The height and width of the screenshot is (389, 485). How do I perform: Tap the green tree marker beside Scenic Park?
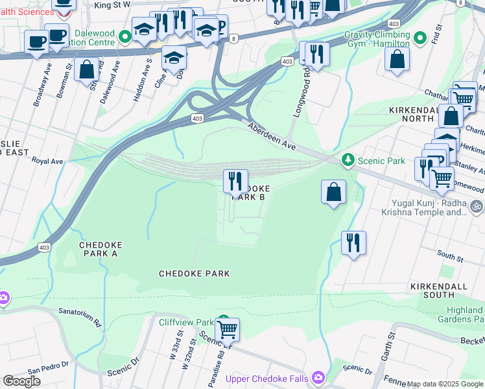[x=348, y=159]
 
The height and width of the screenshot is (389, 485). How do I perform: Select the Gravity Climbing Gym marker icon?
[x=418, y=39]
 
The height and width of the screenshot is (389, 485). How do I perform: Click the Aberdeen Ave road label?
[x=271, y=137]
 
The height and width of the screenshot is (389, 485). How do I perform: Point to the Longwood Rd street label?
[x=302, y=97]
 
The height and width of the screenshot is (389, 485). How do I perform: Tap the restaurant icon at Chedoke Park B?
[x=235, y=181]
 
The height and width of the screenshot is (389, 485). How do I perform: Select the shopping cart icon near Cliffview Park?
[x=227, y=329]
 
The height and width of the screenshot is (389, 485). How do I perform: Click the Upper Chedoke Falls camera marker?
[x=318, y=377]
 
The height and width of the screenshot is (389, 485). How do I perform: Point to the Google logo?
[x=21, y=381]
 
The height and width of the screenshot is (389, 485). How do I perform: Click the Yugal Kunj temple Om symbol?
[x=477, y=206]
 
